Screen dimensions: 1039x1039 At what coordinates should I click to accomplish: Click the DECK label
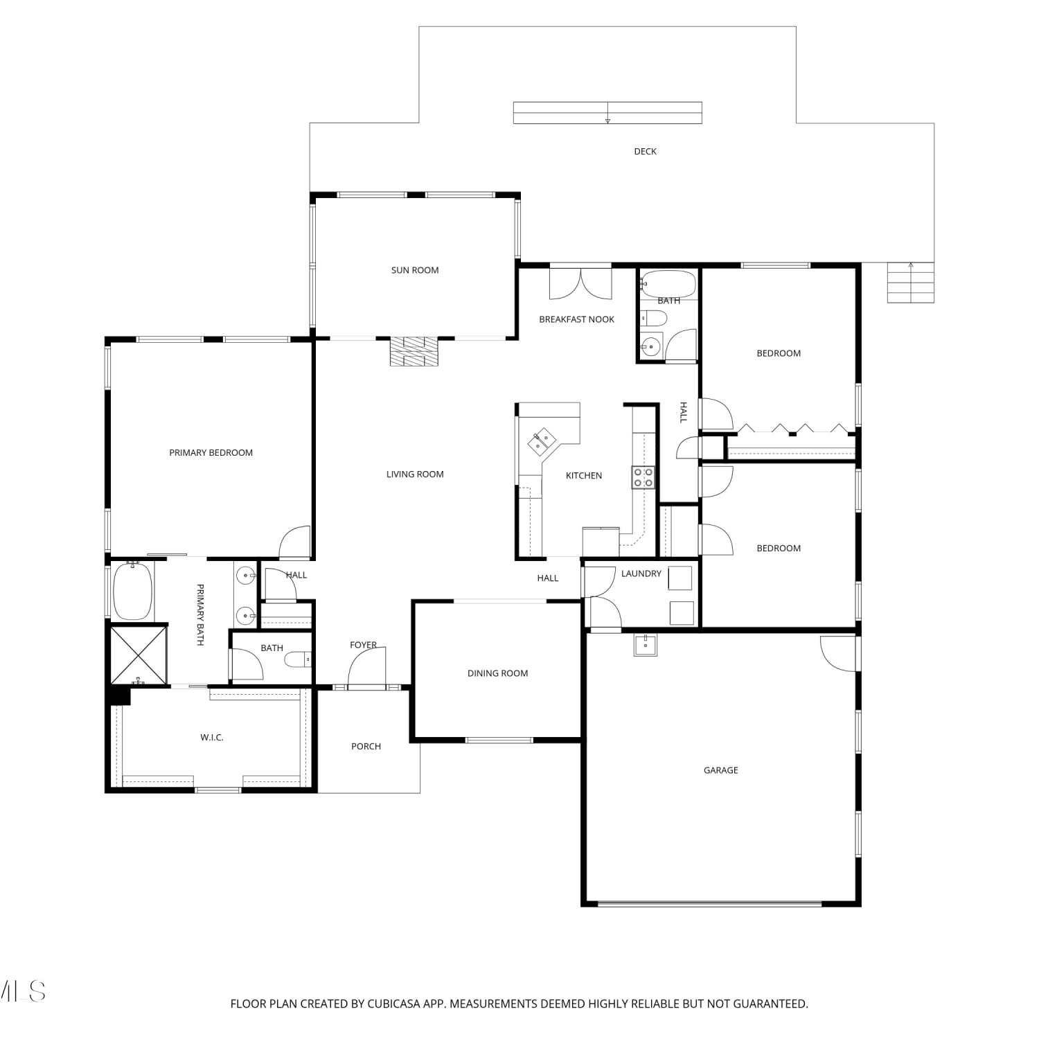click(x=645, y=151)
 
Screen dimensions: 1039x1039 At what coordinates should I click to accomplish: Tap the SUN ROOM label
click(x=415, y=270)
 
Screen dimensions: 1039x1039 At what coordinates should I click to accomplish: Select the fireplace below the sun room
click(x=414, y=351)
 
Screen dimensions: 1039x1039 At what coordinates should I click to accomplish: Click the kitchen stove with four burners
click(x=643, y=477)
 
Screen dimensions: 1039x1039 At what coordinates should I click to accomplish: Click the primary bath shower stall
click(x=139, y=655)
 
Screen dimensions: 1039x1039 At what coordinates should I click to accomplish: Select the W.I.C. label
click(x=212, y=737)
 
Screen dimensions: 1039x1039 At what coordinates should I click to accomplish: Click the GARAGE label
click(x=721, y=770)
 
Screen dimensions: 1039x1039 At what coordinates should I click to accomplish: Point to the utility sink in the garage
click(x=646, y=645)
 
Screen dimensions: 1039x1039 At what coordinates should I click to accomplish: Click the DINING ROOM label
click(x=497, y=673)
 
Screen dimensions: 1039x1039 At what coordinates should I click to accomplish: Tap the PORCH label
click(x=366, y=746)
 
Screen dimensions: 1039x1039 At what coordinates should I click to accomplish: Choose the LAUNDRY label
click(x=641, y=574)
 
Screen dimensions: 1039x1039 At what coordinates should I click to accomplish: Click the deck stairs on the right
click(x=911, y=283)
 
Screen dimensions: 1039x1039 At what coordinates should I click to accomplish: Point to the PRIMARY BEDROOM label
click(x=211, y=452)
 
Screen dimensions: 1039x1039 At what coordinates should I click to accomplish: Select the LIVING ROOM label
click(x=415, y=474)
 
